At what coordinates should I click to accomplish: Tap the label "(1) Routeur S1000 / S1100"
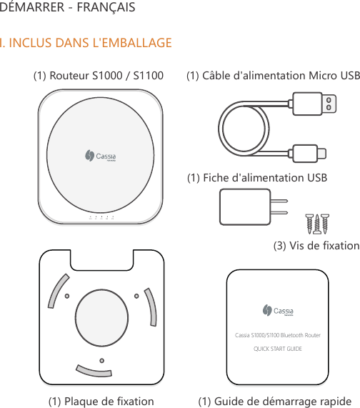pos(99,76)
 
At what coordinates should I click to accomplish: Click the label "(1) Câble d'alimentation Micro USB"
pos(273,76)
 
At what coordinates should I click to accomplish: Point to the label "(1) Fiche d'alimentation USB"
pos(256,177)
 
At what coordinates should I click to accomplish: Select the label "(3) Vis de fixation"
pos(316,246)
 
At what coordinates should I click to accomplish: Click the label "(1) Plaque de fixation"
pos(101,401)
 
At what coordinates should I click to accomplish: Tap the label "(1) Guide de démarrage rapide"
pos(274,401)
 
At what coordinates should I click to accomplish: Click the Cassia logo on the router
pos(100,156)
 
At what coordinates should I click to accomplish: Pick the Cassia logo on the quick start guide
pos(278,310)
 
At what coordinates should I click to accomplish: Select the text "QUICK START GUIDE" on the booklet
pos(278,349)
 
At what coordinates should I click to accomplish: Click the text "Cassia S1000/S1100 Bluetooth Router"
pos(278,335)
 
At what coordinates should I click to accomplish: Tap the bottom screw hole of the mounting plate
pos(102,359)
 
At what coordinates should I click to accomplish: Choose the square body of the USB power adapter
pos(246,207)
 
